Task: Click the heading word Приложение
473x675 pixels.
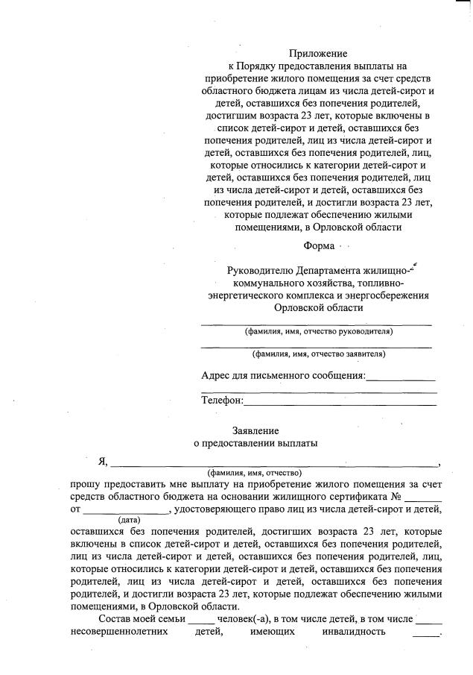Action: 318,54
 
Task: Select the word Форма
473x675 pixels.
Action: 319,246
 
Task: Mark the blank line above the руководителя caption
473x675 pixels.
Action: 316,324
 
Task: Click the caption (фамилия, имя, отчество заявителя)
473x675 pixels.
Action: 318,354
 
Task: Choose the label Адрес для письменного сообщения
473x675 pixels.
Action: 283,375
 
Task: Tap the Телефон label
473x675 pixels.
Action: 222,401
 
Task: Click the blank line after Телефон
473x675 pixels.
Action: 340,404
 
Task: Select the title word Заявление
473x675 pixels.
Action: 255,431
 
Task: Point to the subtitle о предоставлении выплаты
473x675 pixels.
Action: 255,444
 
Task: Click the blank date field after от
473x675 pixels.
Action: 126,512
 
